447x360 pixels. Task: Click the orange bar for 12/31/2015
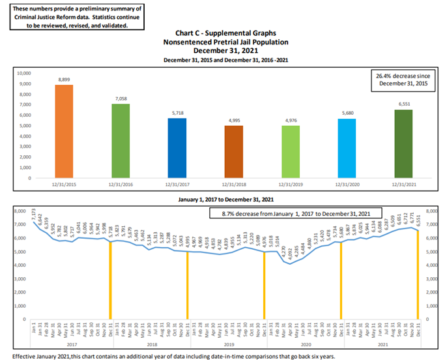point(64,131)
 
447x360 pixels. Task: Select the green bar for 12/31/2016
point(121,141)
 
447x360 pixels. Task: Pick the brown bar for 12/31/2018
point(234,152)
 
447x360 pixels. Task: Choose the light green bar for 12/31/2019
point(291,152)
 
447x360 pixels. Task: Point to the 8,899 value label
point(64,79)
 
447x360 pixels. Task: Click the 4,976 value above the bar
point(291,120)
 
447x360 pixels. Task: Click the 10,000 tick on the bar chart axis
point(23,73)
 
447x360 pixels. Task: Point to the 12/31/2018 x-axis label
point(234,185)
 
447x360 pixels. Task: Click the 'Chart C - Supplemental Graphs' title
point(226,32)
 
